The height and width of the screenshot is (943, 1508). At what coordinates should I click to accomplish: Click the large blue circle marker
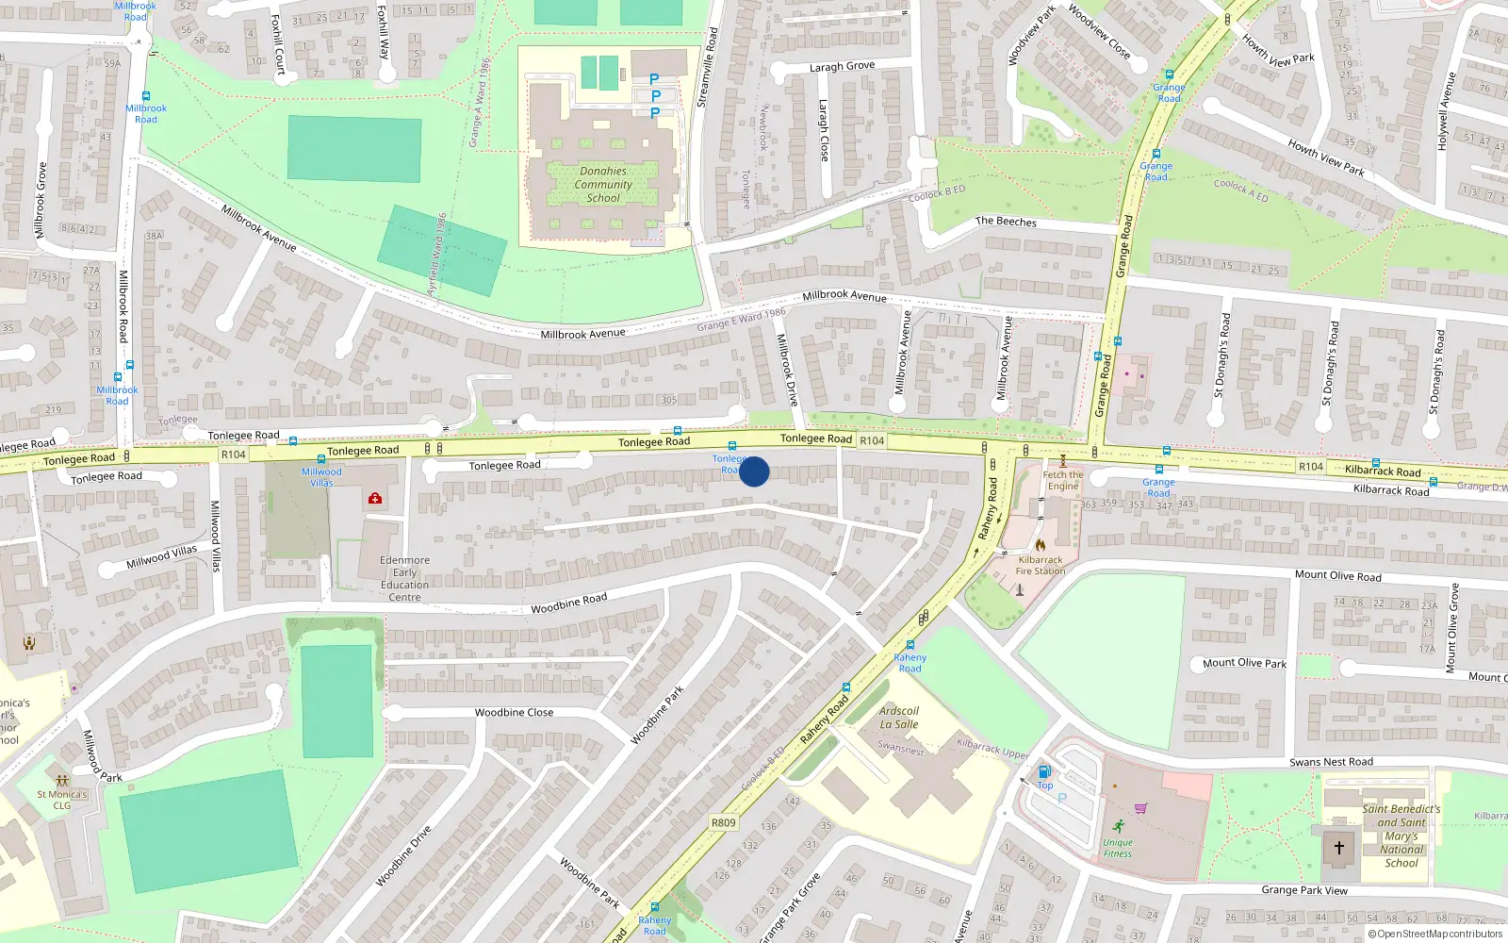click(754, 471)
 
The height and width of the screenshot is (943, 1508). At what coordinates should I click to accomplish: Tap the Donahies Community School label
click(603, 185)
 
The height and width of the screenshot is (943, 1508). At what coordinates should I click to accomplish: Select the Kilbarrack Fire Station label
click(1041, 565)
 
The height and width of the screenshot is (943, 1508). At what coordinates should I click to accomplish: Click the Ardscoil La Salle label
click(899, 718)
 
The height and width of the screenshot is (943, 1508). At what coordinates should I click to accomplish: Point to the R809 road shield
click(723, 822)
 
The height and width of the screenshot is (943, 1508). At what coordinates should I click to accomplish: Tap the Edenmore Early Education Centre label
click(404, 578)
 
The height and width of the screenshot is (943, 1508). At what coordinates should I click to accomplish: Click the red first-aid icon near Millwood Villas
click(375, 498)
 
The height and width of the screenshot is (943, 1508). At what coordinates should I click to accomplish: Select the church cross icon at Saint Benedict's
click(1338, 848)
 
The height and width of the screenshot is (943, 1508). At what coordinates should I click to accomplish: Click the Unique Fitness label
click(1118, 848)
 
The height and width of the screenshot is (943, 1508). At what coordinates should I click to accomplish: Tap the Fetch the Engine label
click(1063, 480)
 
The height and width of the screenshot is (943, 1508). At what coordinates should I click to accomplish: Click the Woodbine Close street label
click(514, 712)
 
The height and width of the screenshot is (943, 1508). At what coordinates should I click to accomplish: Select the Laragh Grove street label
click(842, 66)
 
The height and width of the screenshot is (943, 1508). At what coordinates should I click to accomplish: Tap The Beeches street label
click(1006, 222)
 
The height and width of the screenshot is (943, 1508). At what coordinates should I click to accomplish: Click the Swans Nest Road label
click(1331, 762)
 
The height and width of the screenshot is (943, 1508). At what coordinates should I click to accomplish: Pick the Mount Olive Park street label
click(1244, 663)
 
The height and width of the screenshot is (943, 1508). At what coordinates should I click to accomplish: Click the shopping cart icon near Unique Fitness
click(1140, 808)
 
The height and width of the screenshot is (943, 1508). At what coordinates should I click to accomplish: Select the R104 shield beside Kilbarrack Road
click(1310, 467)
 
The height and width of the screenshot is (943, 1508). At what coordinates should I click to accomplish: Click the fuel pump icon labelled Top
click(1044, 772)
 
